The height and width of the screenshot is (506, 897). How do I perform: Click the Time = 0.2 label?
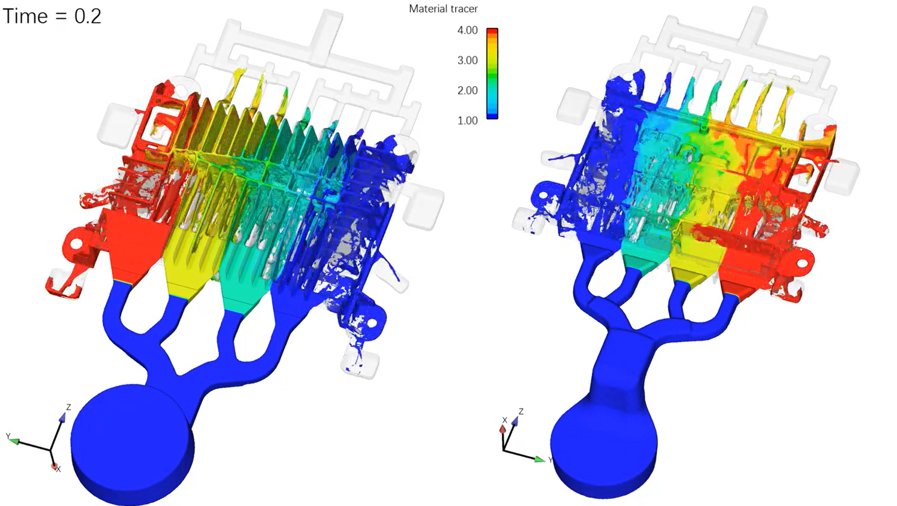(52, 17)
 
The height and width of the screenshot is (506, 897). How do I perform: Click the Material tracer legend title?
(443, 9)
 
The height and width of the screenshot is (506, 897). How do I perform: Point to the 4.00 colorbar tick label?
(467, 30)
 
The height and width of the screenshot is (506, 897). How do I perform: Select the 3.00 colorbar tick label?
(467, 60)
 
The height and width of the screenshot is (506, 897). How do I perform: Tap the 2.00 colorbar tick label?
(467, 91)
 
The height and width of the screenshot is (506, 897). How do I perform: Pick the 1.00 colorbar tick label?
(467, 120)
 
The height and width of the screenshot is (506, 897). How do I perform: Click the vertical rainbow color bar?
(492, 73)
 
